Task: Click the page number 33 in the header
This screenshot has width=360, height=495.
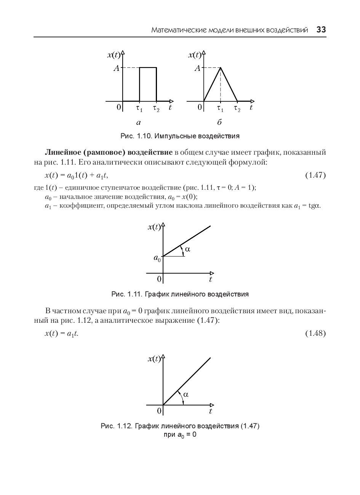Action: pos(321,30)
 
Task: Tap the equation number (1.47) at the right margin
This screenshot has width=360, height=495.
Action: pos(315,175)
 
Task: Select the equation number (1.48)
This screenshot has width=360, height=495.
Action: pos(315,334)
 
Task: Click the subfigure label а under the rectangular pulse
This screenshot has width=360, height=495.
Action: pos(138,123)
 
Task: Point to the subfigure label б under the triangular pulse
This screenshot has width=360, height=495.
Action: pos(219,123)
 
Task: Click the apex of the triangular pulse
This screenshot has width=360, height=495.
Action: pos(221,67)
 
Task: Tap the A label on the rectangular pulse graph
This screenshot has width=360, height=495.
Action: pos(117,69)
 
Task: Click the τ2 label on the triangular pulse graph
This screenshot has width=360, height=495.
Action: pos(237,109)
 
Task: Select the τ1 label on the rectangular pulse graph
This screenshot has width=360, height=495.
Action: pos(139,109)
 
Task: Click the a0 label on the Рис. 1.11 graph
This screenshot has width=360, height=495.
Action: pos(157,258)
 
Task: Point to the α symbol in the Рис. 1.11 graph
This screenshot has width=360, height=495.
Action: pos(187,250)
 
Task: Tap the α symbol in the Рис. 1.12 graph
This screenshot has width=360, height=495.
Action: pos(186,394)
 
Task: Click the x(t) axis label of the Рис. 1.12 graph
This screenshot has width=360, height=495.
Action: pos(154,359)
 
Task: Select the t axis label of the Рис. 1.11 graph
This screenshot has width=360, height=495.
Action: pos(210,279)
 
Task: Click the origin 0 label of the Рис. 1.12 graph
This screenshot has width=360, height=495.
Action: pos(159,411)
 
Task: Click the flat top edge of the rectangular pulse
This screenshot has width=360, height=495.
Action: pos(148,67)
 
